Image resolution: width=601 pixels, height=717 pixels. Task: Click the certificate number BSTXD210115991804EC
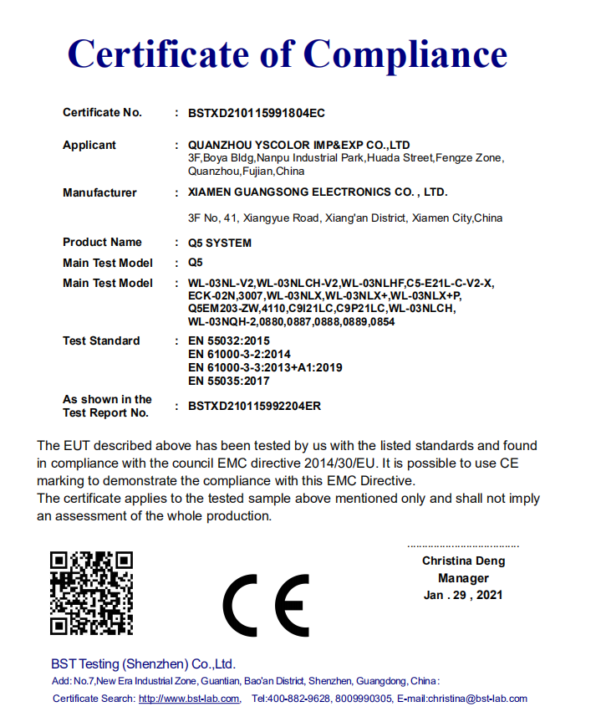coord(256,113)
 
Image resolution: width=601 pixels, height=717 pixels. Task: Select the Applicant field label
coord(89,146)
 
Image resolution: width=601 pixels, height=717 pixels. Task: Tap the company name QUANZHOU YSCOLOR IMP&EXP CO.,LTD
coord(299,146)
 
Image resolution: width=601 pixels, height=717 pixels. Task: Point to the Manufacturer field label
coord(99,193)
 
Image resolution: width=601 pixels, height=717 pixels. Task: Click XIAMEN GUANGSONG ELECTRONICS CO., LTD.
coord(318,192)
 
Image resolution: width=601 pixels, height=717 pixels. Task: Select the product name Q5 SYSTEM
coord(220,243)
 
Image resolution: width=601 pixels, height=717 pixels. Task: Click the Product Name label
coord(102,243)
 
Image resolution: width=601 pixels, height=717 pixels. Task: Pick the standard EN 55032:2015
coord(229,341)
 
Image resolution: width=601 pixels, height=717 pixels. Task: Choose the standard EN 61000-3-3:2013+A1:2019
coord(265,367)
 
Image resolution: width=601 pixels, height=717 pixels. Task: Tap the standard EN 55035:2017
coord(229,381)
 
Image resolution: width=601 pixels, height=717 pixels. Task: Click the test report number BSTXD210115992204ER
coord(255,407)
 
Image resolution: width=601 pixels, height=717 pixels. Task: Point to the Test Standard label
coord(101,341)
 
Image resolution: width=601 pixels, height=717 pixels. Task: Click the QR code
coord(91,593)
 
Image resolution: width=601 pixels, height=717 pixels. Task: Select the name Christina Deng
coord(463,561)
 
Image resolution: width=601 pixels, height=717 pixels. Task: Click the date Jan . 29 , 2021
coord(463,596)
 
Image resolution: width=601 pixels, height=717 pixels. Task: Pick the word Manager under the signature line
coord(463,578)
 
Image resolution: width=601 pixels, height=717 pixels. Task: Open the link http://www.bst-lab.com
coord(189,699)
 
